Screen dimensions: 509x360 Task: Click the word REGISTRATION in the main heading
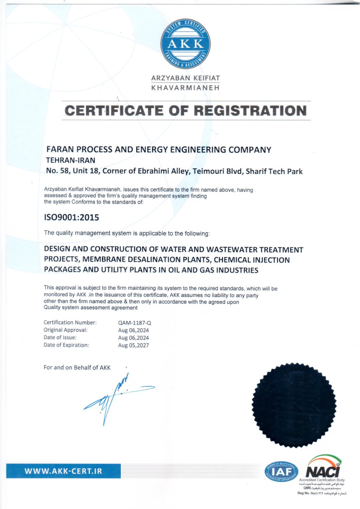250,111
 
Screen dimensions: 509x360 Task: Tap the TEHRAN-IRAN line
71,160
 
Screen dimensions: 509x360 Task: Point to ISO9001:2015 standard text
71,217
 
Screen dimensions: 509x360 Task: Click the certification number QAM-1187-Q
135,323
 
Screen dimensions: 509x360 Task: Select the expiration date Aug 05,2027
133,345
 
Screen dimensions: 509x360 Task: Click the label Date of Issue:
60,338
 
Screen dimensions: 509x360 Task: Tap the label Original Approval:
65,330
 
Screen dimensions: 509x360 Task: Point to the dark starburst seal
294,405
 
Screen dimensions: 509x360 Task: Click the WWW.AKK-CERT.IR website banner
63,471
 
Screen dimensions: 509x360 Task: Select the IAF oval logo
281,472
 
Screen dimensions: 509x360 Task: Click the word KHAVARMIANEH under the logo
185,88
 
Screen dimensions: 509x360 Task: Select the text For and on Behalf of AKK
77,368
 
